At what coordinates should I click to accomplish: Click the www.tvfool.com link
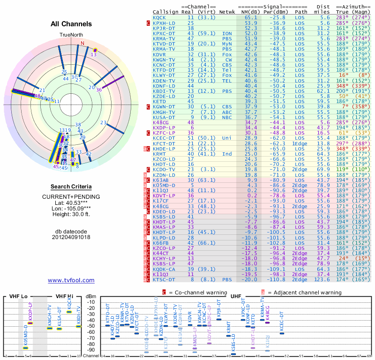click(71, 280)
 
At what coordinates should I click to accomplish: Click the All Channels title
click(71, 24)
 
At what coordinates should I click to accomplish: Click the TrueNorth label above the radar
click(71, 35)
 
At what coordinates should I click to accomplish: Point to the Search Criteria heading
click(71, 187)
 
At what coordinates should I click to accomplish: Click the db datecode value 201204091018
click(71, 237)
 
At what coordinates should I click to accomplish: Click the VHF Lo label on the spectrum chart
click(19, 296)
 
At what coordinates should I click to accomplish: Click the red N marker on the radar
click(83, 44)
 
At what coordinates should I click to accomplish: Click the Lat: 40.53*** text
click(71, 203)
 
